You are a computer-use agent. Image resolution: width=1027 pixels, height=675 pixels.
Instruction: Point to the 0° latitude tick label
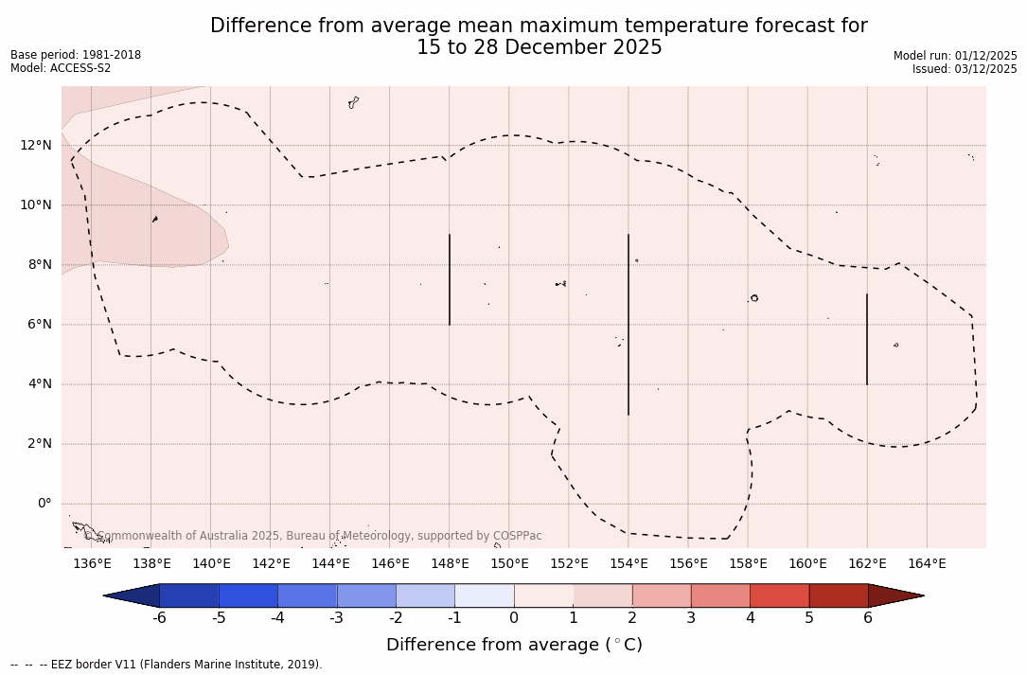coord(44,504)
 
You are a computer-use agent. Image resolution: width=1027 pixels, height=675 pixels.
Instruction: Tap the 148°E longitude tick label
coord(450,564)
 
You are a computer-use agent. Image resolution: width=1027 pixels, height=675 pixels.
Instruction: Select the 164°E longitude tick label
coord(927,564)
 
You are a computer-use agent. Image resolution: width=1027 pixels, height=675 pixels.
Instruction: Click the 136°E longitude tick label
coord(92,564)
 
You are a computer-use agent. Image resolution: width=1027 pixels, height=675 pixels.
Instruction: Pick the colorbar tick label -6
coord(159,618)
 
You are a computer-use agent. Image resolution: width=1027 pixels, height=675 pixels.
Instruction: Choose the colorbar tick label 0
coord(514,618)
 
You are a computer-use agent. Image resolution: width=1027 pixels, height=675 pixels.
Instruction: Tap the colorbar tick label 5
coord(809,618)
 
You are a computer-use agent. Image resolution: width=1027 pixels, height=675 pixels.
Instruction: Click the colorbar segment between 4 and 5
coord(779,595)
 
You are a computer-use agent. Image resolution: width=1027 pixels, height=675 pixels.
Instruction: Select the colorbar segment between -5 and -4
coord(248,595)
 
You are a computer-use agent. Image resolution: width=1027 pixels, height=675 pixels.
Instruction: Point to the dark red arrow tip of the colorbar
coord(894,595)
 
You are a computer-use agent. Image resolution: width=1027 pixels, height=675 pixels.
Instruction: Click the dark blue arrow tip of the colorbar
coord(133,595)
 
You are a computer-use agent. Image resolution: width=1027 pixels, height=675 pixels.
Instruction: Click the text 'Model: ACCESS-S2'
coord(61,68)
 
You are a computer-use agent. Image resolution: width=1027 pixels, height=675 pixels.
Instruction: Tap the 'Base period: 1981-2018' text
coord(76,55)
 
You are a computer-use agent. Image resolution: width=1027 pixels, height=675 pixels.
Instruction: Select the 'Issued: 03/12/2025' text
coord(965,69)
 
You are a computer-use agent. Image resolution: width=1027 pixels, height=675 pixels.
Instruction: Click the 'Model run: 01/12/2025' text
coord(955,56)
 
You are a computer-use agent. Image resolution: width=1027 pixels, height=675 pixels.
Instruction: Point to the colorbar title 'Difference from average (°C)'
coord(514,645)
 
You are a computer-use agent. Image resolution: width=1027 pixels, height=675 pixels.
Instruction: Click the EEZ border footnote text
coord(167,665)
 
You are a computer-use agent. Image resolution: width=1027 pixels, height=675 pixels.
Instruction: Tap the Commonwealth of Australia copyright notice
coord(312,536)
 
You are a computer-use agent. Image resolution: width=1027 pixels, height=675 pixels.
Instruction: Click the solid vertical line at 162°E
coord(866,339)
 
